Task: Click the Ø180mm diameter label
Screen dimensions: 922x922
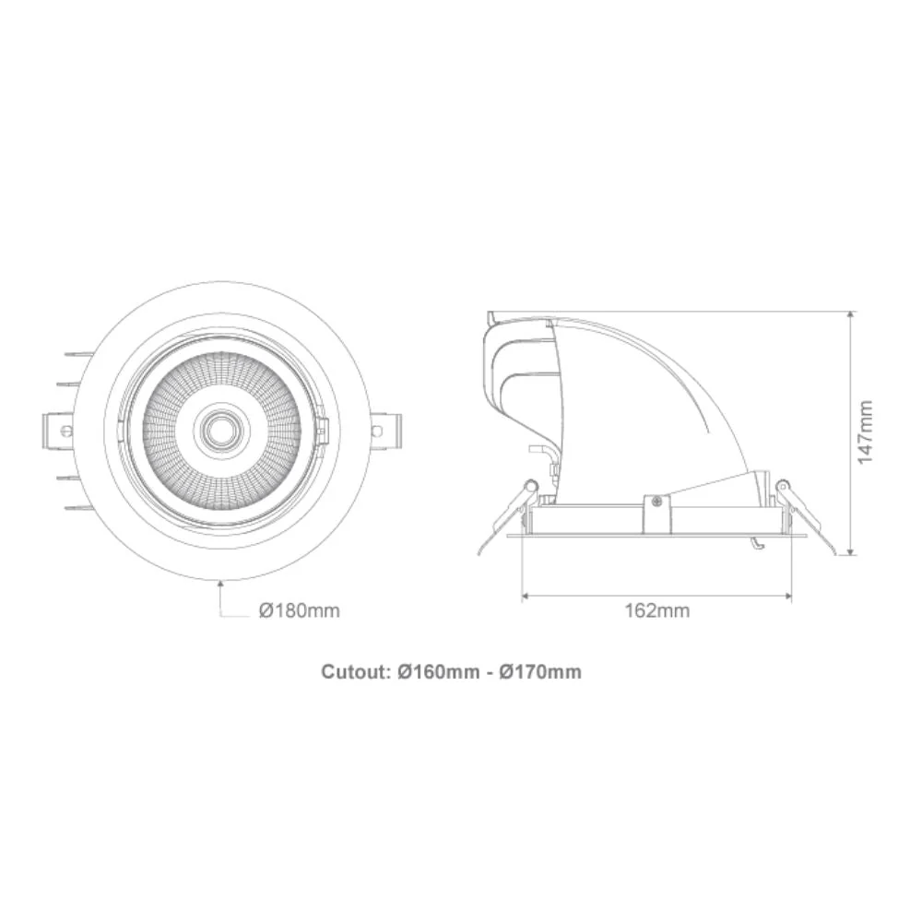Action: [300, 610]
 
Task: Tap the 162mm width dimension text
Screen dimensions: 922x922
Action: [656, 610]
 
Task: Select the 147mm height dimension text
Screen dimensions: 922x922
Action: [865, 432]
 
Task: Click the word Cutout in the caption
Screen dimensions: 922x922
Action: [352, 671]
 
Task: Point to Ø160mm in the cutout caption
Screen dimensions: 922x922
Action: [438, 671]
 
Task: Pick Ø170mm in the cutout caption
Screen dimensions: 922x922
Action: [540, 671]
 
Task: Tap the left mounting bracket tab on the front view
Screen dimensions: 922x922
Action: [57, 431]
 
